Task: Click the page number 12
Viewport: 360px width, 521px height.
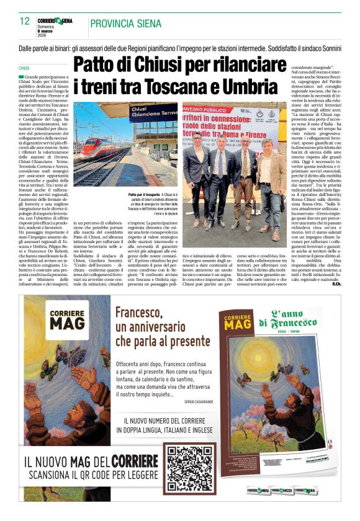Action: [x=25, y=21]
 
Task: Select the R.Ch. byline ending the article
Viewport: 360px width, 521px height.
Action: [x=336, y=284]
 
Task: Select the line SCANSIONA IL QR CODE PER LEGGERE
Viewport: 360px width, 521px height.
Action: [x=94, y=476]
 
